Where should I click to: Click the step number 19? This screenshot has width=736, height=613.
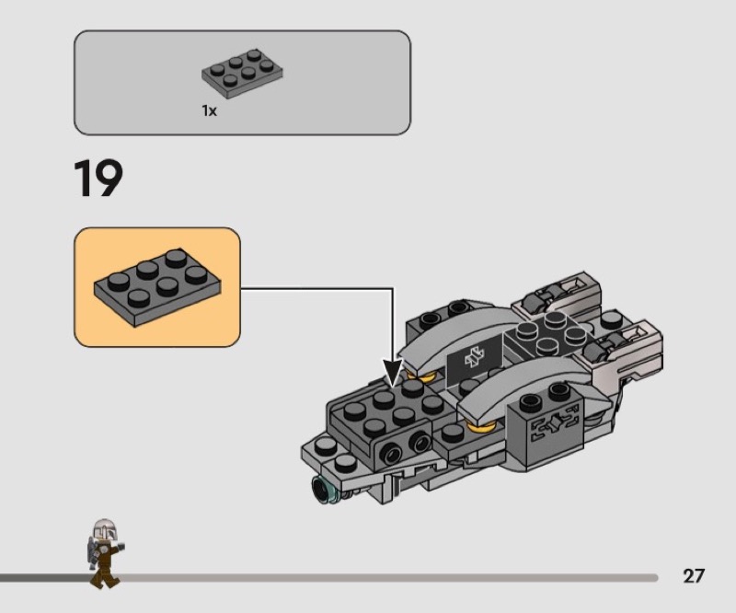(98, 179)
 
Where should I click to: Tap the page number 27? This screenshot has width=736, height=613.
(694, 576)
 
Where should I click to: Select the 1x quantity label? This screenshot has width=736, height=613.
(210, 110)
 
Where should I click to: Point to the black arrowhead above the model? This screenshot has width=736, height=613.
(394, 372)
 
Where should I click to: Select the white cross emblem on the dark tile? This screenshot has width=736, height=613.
(474, 358)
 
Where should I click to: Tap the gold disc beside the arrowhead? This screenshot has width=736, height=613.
(424, 376)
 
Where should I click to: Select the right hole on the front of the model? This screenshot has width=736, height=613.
(420, 443)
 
